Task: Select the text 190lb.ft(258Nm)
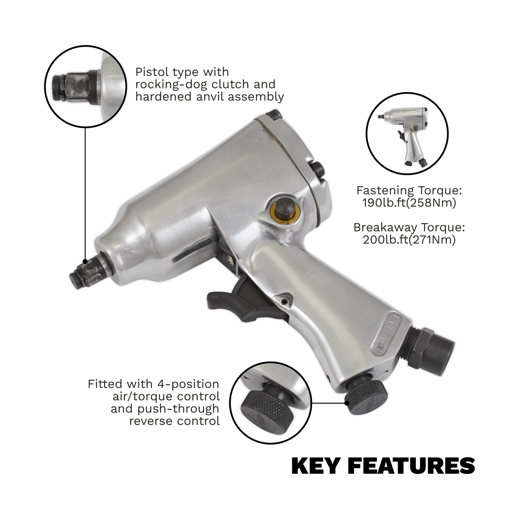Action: [409, 203]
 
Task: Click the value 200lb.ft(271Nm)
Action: [409, 239]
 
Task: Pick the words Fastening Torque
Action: [409, 190]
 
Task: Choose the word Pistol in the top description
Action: [150, 71]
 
